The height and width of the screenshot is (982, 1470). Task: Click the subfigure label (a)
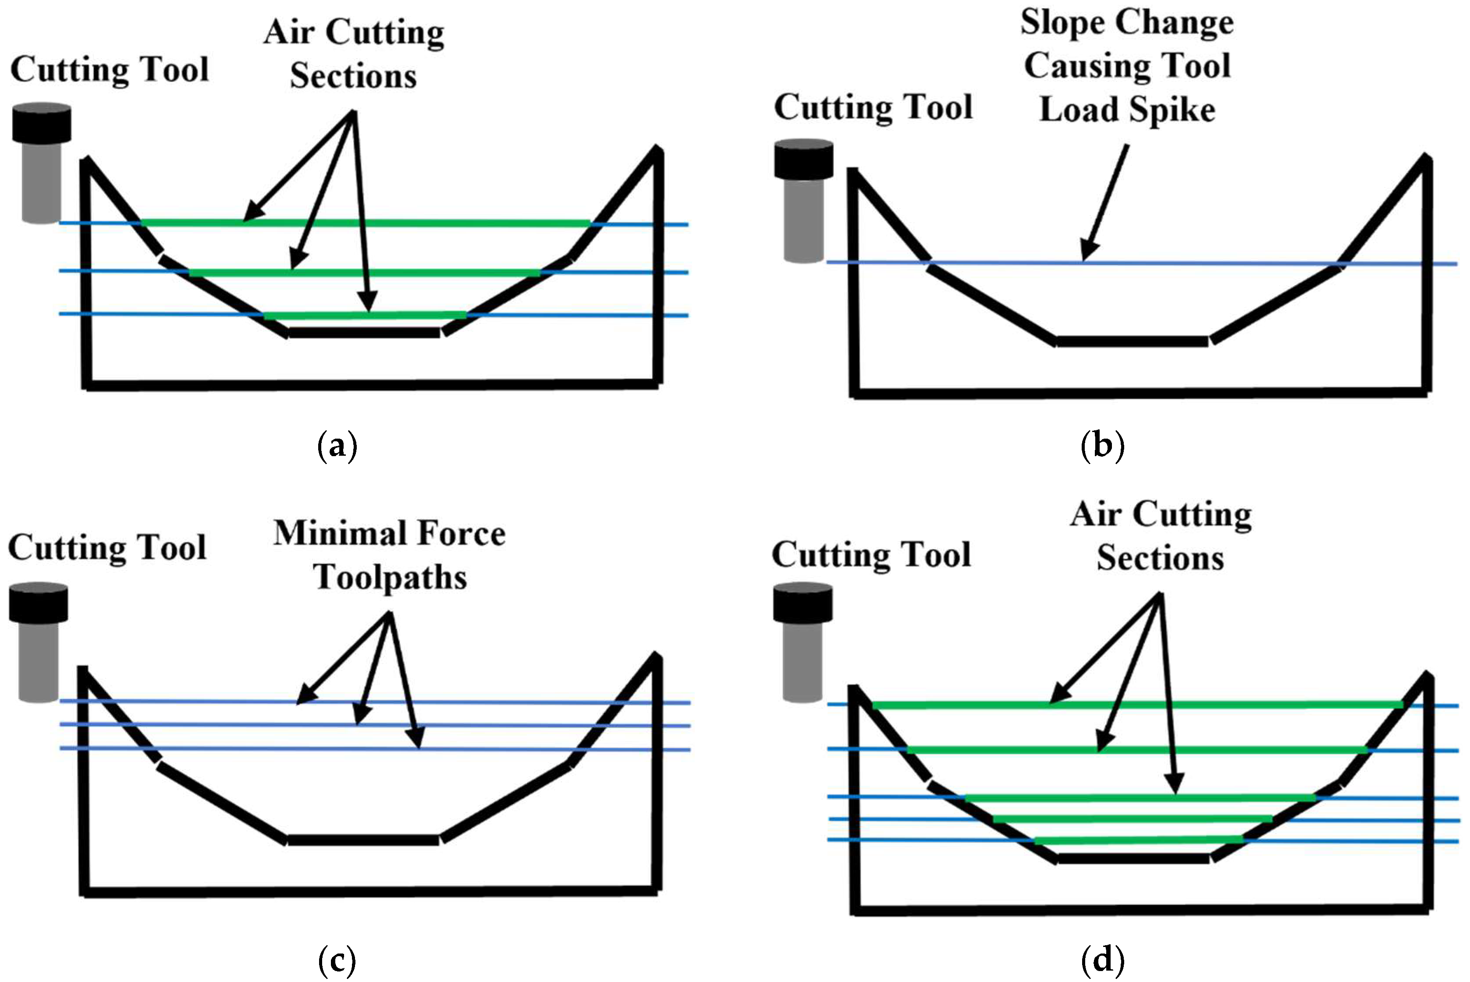point(337,446)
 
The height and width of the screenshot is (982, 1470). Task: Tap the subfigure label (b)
point(1102,446)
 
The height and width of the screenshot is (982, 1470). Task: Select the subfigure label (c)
point(337,960)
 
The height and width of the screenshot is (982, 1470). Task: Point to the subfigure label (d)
point(1102,960)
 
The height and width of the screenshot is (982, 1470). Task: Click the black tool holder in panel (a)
point(41,123)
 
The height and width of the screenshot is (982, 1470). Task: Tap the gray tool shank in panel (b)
point(803,219)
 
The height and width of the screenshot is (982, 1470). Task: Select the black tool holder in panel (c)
point(38,603)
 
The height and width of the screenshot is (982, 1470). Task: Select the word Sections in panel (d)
point(1160,558)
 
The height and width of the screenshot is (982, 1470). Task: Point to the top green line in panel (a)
point(366,223)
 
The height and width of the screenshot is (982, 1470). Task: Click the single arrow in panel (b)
point(1105,200)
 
